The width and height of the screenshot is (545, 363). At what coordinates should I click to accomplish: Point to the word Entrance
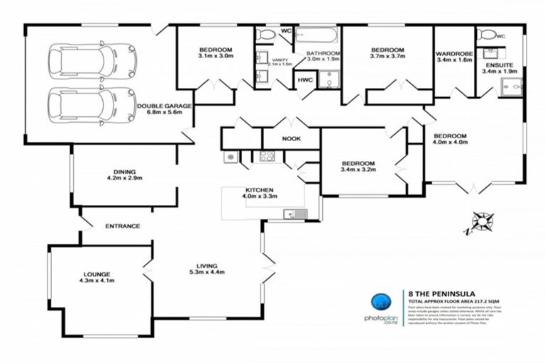pyautogui.click(x=122, y=226)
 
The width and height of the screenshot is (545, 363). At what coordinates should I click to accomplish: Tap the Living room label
pyautogui.click(x=207, y=267)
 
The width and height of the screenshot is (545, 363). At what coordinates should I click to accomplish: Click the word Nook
pyautogui.click(x=291, y=139)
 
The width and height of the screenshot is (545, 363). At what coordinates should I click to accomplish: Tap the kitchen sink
pyautogui.click(x=294, y=213)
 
